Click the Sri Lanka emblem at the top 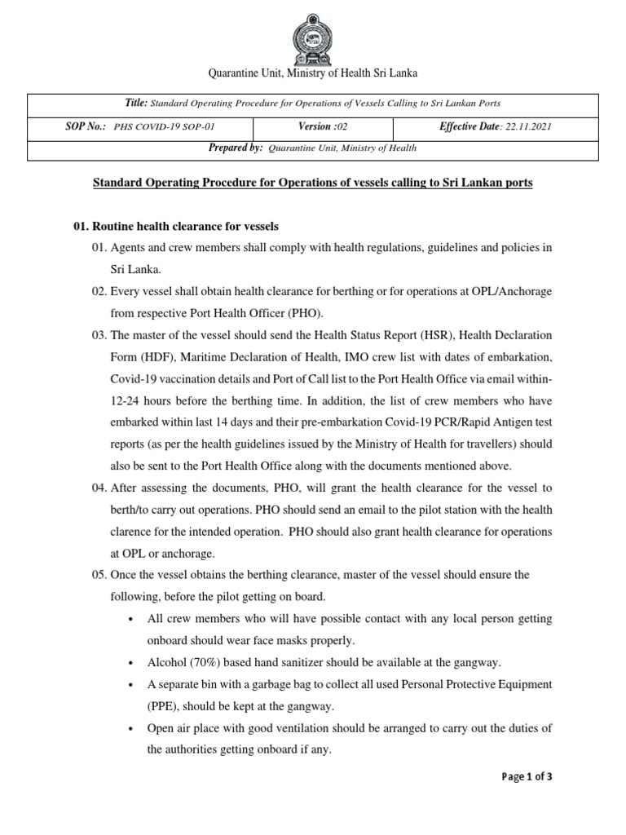[x=313, y=33]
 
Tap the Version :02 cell [x=324, y=128]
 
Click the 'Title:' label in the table [x=134, y=104]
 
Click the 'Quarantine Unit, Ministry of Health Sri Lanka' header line [x=313, y=73]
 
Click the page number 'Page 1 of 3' [x=527, y=777]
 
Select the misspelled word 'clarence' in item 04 [x=134, y=532]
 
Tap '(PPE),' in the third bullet [x=169, y=705]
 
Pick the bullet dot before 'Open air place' [x=131, y=727]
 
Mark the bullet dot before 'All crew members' [x=131, y=619]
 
